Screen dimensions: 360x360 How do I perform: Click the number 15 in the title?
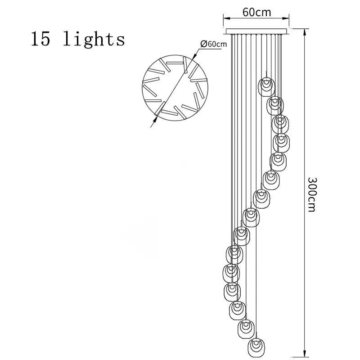40,39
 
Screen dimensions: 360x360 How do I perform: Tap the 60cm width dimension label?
256,12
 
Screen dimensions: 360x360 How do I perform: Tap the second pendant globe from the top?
275,105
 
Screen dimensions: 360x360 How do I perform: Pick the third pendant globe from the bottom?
237,310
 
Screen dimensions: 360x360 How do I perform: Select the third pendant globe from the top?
279,123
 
